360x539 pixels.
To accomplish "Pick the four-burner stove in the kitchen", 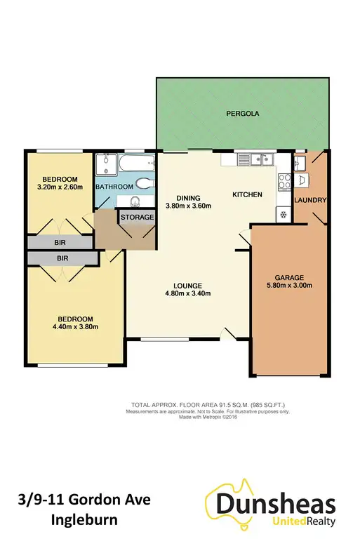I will [285, 182].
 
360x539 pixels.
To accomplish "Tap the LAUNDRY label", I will [312, 201].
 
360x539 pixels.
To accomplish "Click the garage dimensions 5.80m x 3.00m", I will [290, 285].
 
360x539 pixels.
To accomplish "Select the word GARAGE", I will [290, 276].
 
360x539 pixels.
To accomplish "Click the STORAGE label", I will [138, 218].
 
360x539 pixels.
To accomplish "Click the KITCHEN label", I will [248, 194].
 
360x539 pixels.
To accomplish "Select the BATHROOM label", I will [114, 187].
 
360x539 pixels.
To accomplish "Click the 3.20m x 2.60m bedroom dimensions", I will [60, 187].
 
